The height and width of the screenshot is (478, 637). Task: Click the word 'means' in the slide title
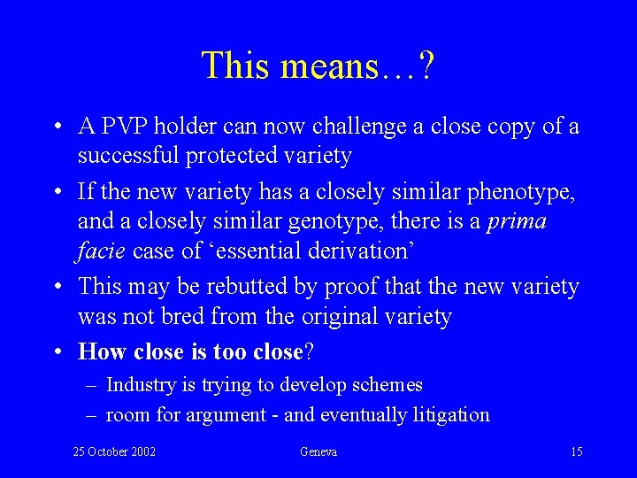(328, 65)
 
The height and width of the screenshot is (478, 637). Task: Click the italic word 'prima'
(517, 221)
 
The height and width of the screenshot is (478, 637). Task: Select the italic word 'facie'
(102, 251)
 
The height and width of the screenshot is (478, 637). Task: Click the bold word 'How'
(103, 351)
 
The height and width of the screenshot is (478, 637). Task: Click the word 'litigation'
(448, 414)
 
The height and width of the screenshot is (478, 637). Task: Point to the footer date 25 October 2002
(114, 452)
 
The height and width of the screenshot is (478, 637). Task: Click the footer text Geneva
(318, 452)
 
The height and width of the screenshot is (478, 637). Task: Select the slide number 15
(576, 452)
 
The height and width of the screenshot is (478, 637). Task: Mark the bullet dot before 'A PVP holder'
(57, 127)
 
